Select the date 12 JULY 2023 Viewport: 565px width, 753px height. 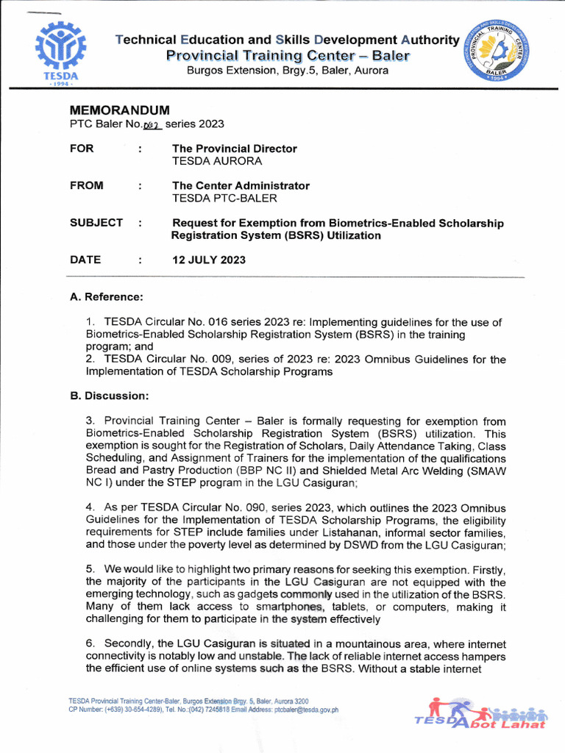click(x=209, y=260)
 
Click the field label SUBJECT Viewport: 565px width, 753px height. click(x=96, y=223)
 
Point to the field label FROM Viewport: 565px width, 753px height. click(x=87, y=186)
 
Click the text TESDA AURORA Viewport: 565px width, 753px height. click(x=216, y=161)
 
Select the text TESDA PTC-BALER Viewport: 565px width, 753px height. click(x=224, y=199)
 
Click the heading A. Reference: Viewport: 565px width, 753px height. click(x=106, y=297)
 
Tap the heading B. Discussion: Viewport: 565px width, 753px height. click(x=110, y=396)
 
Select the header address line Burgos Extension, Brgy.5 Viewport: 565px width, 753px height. click(x=287, y=71)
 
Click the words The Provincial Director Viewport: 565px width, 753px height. click(x=234, y=149)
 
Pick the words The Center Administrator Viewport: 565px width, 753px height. click(x=241, y=186)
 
